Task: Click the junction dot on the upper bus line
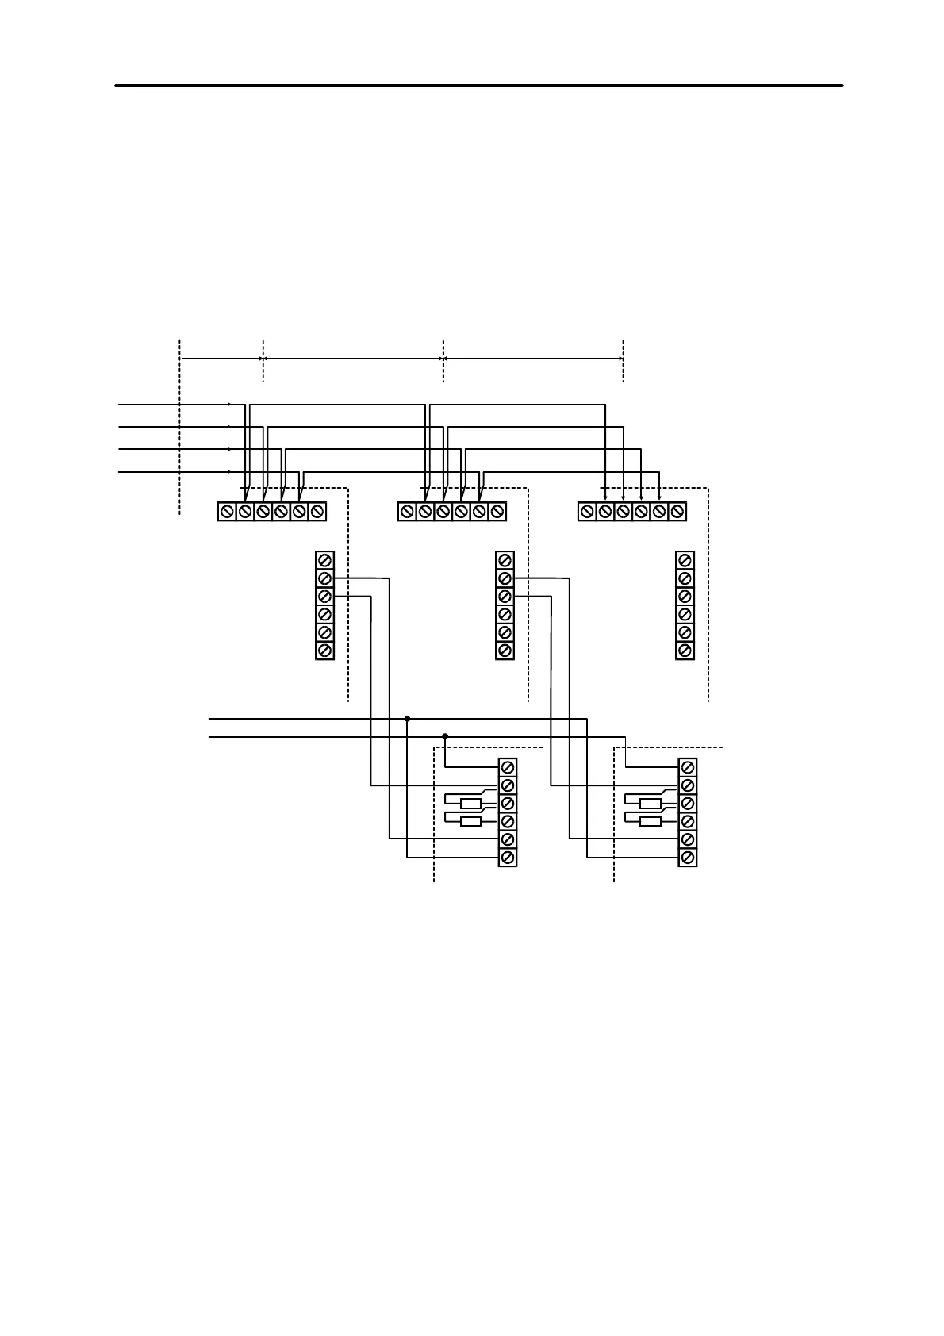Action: click(x=407, y=719)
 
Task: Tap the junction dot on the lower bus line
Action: click(x=445, y=737)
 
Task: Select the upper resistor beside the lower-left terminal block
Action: click(x=470, y=803)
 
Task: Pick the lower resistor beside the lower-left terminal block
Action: click(x=470, y=821)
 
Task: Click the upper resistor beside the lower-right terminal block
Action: click(x=650, y=803)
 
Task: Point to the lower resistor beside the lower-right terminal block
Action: click(x=650, y=821)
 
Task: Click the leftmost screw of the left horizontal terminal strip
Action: click(x=227, y=512)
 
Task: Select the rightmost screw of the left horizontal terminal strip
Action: click(x=317, y=512)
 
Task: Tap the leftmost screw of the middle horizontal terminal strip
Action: click(x=407, y=512)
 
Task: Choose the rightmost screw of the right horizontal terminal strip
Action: click(x=677, y=512)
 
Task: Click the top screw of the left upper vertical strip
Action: click(x=324, y=560)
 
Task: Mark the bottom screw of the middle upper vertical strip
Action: click(x=505, y=651)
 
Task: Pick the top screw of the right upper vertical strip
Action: click(x=685, y=560)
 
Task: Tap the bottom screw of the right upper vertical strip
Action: click(x=685, y=651)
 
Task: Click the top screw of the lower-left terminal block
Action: click(x=508, y=768)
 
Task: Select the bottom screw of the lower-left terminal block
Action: click(x=508, y=858)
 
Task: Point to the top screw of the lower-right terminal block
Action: click(x=688, y=768)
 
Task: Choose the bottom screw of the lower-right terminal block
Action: click(x=688, y=858)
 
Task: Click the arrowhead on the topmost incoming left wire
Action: click(x=230, y=405)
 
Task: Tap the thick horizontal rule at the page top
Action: click(x=478, y=85)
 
